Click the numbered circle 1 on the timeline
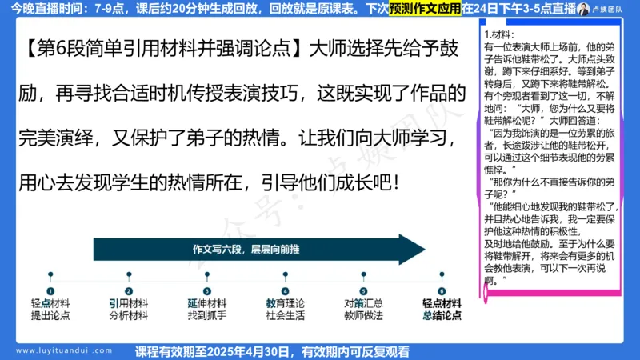point(50,291)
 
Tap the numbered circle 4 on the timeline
point(285,291)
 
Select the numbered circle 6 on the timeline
point(442,291)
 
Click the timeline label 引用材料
point(129,304)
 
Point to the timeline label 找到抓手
point(207,316)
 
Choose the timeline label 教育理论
point(285,304)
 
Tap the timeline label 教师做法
point(363,316)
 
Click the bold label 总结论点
point(442,316)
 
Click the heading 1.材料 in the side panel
point(499,36)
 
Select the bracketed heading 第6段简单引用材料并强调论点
point(159,50)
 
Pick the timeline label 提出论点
point(50,316)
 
